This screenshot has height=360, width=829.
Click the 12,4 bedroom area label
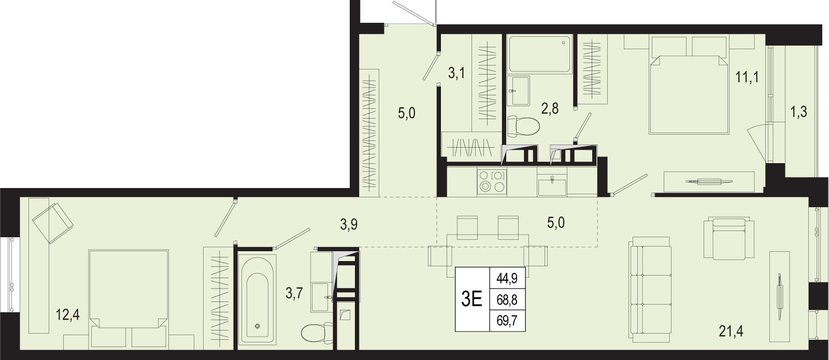(x=68, y=315)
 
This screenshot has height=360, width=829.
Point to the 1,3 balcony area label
(x=798, y=111)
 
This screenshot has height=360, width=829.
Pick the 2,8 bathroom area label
(x=550, y=109)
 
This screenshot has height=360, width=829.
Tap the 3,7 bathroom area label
(x=294, y=294)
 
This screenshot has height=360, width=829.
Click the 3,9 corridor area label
(x=349, y=224)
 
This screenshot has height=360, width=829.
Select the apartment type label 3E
(x=472, y=299)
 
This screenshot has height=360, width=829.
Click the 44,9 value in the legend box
(x=507, y=278)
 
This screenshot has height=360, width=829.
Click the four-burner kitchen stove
(x=492, y=181)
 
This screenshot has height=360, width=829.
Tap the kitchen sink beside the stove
(x=552, y=185)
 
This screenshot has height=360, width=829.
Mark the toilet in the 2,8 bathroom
(x=523, y=126)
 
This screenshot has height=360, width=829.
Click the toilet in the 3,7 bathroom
(x=317, y=333)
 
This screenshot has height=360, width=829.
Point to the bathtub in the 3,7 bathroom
(x=257, y=299)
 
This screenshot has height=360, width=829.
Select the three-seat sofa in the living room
(x=650, y=290)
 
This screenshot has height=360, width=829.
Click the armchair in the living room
(x=728, y=239)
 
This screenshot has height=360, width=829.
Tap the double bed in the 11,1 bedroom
(x=689, y=84)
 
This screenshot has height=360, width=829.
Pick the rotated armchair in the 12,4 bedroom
(x=52, y=223)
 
